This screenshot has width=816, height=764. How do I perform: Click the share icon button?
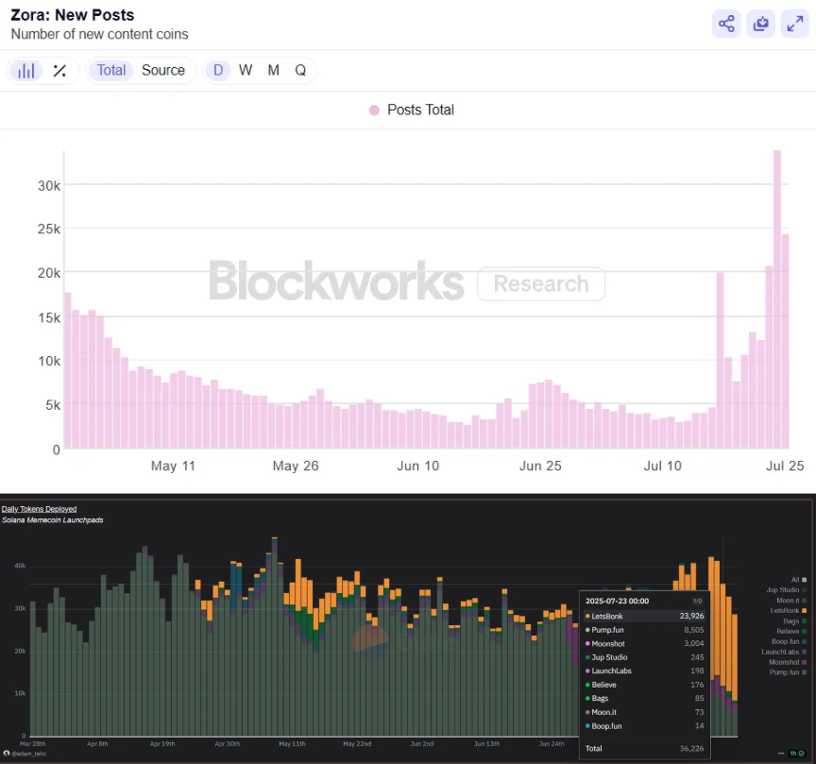(x=726, y=24)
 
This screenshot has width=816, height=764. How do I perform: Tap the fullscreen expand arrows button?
(x=794, y=24)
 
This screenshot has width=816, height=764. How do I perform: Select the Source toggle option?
(x=163, y=70)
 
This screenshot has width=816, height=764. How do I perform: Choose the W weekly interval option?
(x=246, y=70)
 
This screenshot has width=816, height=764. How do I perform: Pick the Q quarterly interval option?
(x=300, y=70)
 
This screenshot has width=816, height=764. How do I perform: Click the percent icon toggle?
(x=59, y=70)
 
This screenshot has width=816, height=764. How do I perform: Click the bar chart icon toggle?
(x=27, y=70)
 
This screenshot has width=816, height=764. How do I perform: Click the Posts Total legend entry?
(x=412, y=110)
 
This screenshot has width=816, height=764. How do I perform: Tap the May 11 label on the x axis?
(x=173, y=466)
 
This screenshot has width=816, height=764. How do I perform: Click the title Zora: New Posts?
(x=72, y=15)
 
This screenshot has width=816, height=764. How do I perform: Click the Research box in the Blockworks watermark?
(x=540, y=283)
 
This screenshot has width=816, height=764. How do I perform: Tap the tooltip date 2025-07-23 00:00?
(x=619, y=600)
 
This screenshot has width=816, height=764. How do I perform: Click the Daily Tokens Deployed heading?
(x=40, y=509)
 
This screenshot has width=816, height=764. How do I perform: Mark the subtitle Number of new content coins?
(x=99, y=34)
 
